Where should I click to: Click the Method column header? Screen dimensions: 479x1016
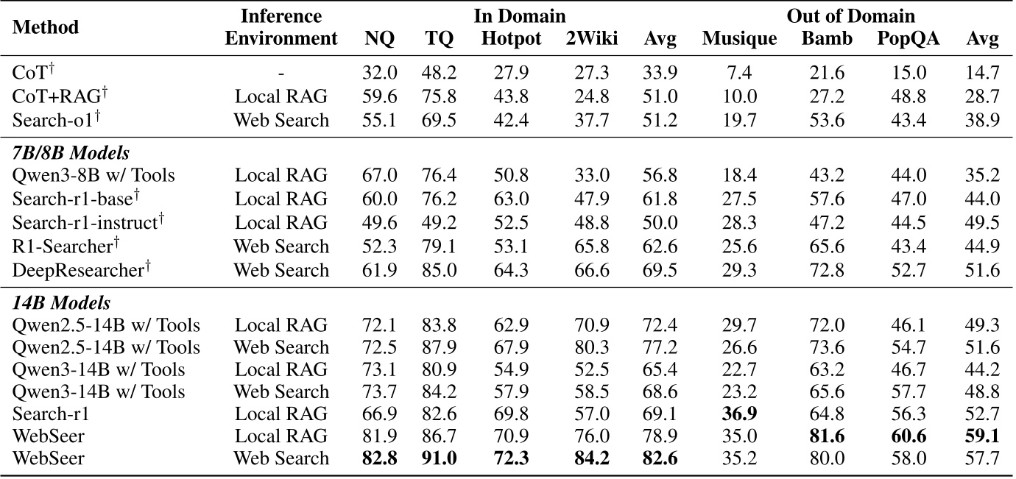tap(46, 27)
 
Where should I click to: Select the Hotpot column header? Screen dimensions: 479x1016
tap(511, 39)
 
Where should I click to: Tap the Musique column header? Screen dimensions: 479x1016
tap(739, 39)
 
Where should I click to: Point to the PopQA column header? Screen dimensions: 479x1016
tap(909, 39)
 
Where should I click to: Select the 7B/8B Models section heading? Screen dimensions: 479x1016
tap(71, 154)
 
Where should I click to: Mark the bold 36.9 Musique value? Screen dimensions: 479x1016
tap(739, 414)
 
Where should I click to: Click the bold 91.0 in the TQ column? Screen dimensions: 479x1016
tap(439, 458)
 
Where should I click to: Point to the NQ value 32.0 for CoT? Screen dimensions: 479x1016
tap(381, 74)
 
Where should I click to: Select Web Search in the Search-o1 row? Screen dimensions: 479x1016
tap(281, 120)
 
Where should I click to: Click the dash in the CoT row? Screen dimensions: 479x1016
tap(281, 74)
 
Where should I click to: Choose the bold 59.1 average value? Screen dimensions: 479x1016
tap(982, 436)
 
